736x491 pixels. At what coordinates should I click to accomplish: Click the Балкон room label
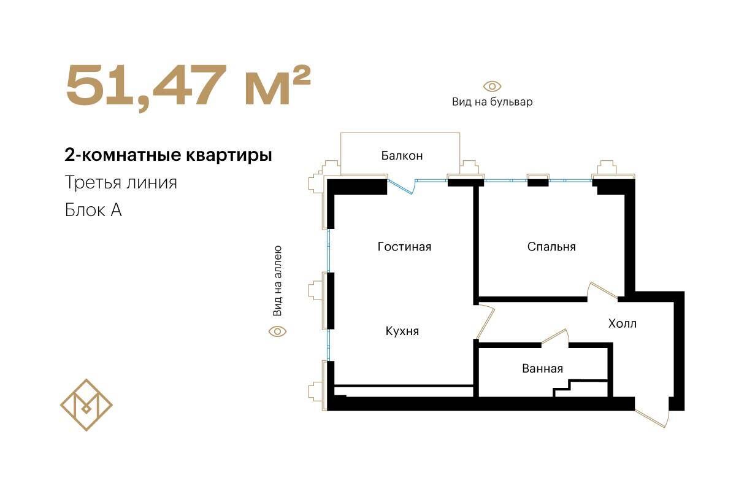[402, 155]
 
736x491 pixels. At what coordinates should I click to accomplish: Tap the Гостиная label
[404, 247]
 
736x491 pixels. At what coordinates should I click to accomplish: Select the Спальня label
[551, 247]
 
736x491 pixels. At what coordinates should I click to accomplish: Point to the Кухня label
[402, 331]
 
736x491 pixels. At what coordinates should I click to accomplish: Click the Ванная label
[542, 368]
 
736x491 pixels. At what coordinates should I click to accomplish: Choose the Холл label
[623, 323]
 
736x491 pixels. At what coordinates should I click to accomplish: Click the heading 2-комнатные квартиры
[168, 155]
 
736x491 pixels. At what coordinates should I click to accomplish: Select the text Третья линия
[121, 182]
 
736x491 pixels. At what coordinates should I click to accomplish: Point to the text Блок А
[93, 210]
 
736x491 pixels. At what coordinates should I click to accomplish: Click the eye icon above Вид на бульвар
[492, 87]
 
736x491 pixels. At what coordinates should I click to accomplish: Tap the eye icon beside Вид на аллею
[277, 331]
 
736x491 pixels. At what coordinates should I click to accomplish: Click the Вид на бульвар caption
[492, 102]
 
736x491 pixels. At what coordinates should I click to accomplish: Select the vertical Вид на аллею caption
[277, 281]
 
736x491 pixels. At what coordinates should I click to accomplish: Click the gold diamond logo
[86, 405]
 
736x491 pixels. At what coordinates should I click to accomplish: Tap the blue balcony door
[402, 187]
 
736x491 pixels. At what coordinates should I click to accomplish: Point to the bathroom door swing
[555, 337]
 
